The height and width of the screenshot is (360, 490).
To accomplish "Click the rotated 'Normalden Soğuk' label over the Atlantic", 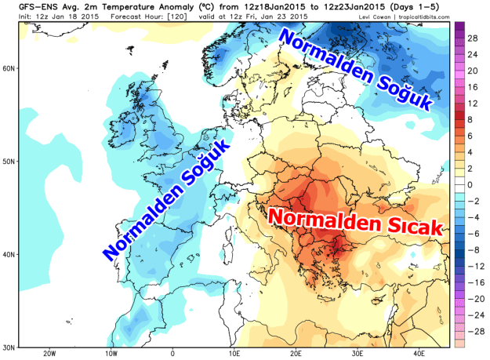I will (x=166, y=199).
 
